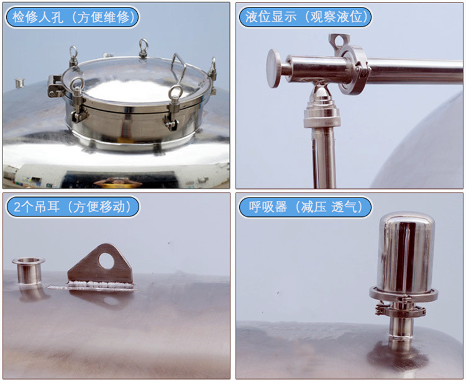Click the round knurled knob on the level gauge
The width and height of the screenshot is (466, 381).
coord(273,68)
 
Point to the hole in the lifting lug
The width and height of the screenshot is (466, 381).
coord(106,260)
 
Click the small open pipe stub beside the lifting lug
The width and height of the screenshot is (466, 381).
coord(29,271)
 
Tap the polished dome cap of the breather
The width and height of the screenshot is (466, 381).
coord(406,252)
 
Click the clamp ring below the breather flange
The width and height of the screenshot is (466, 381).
coord(401,311)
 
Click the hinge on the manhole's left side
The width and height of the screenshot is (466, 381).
coord(55,86)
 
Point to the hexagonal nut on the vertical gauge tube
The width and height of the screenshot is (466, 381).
coord(321,117)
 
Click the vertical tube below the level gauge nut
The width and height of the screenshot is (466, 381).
coord(324,158)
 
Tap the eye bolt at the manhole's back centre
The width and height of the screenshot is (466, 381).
coord(144,48)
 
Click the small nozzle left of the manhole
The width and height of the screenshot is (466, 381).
coord(20,83)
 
